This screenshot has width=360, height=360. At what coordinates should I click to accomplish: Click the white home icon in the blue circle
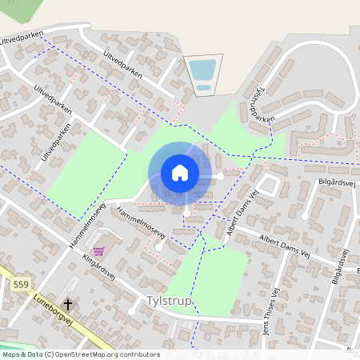tap(180, 173)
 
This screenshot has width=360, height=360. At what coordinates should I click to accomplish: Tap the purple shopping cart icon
tap(98, 250)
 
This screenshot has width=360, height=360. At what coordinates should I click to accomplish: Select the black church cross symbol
tap(69, 304)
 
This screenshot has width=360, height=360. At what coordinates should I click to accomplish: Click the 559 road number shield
tap(21, 283)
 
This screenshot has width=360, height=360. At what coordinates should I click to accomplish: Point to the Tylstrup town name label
tap(170, 301)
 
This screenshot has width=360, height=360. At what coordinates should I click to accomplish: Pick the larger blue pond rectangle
tap(203, 70)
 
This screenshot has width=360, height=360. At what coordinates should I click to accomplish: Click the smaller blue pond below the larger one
tap(204, 87)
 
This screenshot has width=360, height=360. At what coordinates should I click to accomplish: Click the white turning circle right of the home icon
tap(220, 176)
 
